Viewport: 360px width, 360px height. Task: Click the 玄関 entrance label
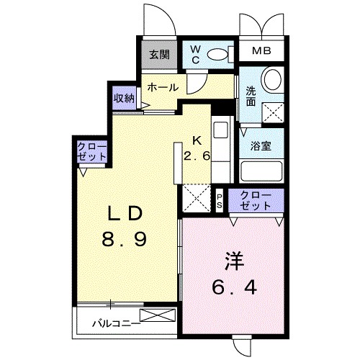coord(159,55)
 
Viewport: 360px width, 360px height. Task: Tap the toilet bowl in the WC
coord(217,54)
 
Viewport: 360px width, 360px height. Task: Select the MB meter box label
coord(261,51)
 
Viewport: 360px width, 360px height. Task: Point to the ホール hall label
coord(163,87)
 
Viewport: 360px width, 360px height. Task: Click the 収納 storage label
coord(124,98)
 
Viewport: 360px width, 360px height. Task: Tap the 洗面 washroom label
coord(251,96)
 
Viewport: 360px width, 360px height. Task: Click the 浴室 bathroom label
coord(261,146)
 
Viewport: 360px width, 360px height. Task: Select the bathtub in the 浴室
coord(261,171)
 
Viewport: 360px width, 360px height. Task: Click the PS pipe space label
coord(220,202)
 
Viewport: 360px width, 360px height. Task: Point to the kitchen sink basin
coord(220,130)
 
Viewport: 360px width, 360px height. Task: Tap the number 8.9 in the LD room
coord(124,239)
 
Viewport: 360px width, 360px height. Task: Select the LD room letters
coord(125,214)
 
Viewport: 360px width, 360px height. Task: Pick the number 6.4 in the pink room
coord(234,287)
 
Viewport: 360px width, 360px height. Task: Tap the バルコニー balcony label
coord(117,324)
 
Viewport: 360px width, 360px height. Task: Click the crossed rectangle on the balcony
coord(158,315)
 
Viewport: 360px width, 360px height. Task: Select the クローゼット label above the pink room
coord(256,200)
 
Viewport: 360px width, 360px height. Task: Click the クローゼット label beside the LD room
coord(92,151)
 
